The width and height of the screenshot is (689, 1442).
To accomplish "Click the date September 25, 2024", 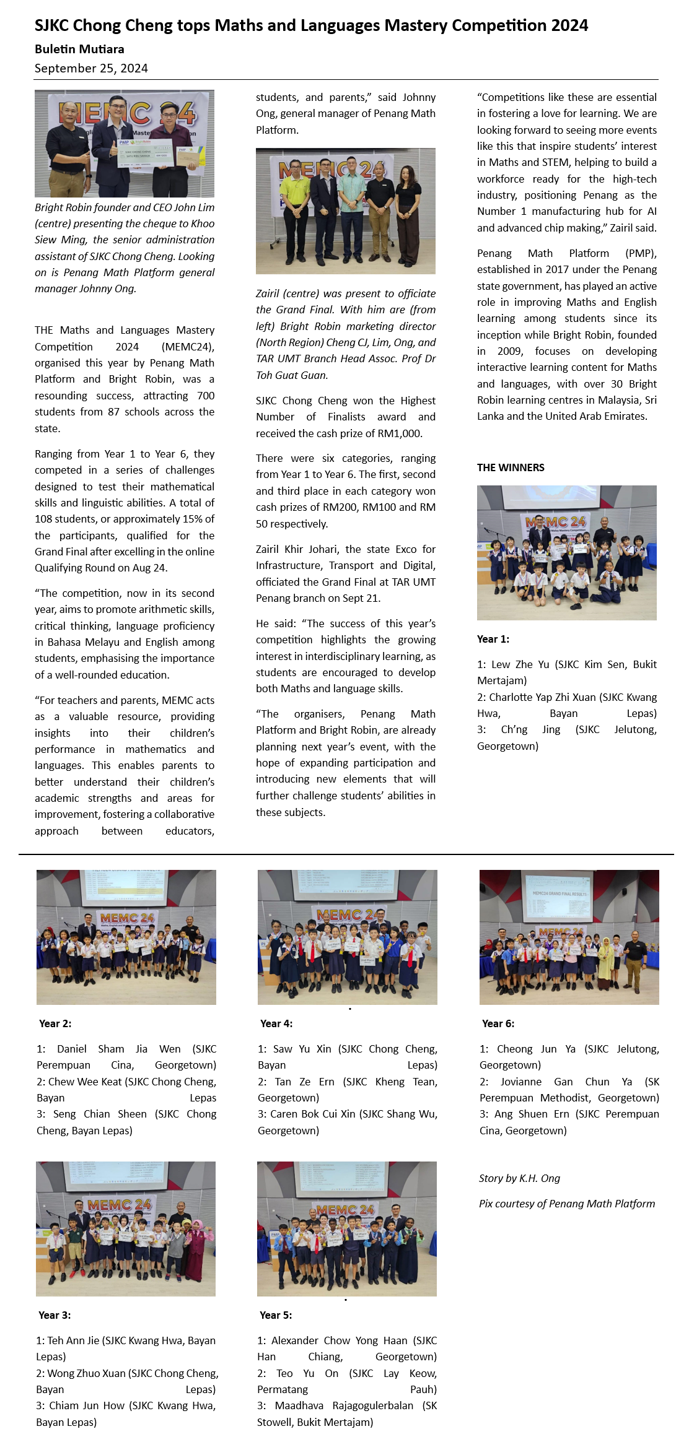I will pyautogui.click(x=91, y=68).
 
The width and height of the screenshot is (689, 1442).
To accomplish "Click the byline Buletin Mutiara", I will pyautogui.click(x=79, y=49).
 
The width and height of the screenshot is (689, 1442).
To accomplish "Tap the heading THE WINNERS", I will pyautogui.click(x=511, y=467).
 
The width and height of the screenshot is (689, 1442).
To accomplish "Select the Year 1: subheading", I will pyautogui.click(x=493, y=639).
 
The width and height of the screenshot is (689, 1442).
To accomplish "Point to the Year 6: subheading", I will pyautogui.click(x=498, y=1023).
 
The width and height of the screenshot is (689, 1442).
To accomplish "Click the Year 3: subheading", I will pyautogui.click(x=55, y=1315).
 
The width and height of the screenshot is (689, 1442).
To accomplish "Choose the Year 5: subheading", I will pyautogui.click(x=276, y=1315).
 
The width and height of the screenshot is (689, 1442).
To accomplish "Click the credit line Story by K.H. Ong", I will pyautogui.click(x=519, y=1178).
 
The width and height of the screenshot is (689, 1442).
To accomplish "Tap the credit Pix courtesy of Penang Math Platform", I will pyautogui.click(x=566, y=1204).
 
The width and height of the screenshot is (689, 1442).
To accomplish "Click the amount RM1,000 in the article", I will pyautogui.click(x=402, y=433).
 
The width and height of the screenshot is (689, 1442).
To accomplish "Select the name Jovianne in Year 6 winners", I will pyautogui.click(x=519, y=1082).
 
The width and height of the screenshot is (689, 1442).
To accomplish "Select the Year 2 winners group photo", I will pyautogui.click(x=126, y=937).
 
